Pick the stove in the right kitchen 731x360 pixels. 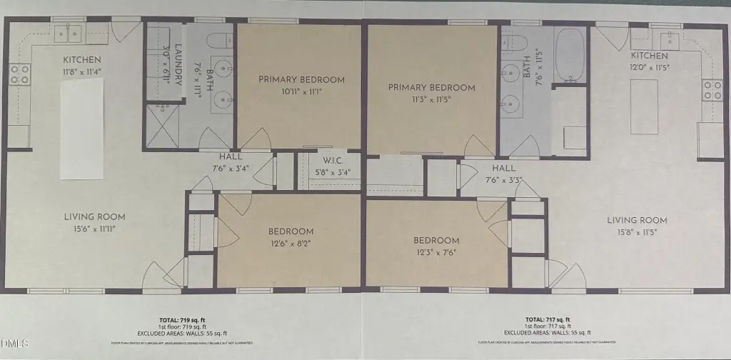712,89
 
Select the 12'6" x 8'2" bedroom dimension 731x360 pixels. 291,243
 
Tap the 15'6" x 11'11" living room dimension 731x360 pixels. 95,229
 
